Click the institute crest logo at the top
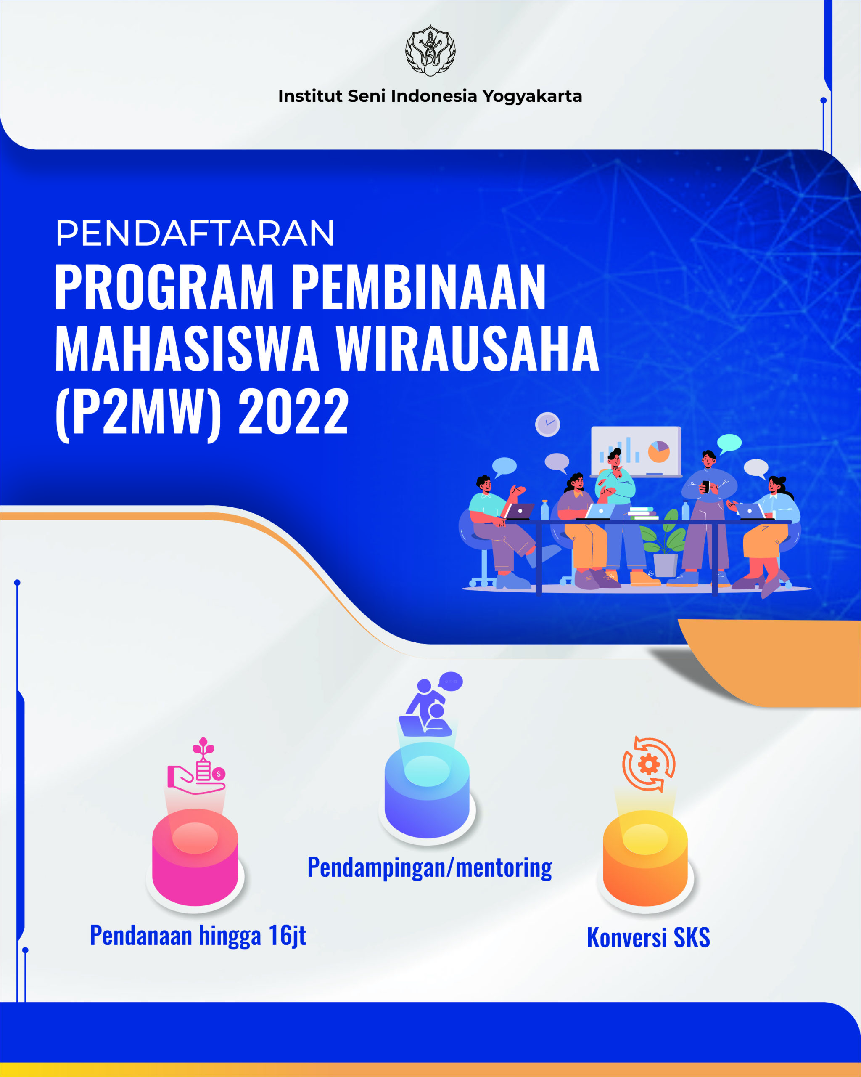(x=430, y=50)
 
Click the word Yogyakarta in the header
(x=532, y=96)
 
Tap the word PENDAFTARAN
(x=195, y=233)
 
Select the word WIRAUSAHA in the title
(x=467, y=348)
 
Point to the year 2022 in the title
(x=293, y=412)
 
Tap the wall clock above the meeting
(x=547, y=424)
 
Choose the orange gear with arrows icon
(x=648, y=764)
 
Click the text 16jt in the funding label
(x=288, y=936)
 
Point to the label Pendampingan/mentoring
(x=430, y=867)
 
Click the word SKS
(x=692, y=938)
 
